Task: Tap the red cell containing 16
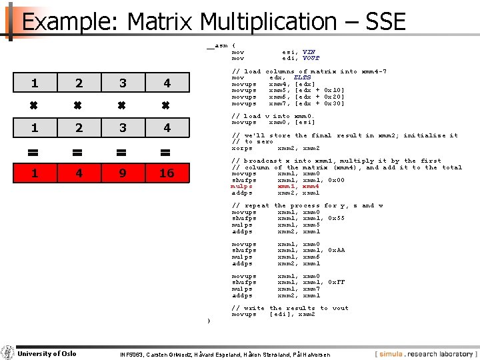click(167, 173)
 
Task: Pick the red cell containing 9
click(123, 173)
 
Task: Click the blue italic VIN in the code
click(309, 51)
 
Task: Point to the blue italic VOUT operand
click(311, 58)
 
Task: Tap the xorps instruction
click(242, 148)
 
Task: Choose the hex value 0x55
click(337, 219)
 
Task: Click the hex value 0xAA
click(337, 251)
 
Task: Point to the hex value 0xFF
click(337, 283)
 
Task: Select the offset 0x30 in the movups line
click(335, 103)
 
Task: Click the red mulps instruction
click(241, 187)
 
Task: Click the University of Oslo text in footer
click(47, 353)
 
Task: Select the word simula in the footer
click(395, 353)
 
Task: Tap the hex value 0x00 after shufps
click(337, 180)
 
